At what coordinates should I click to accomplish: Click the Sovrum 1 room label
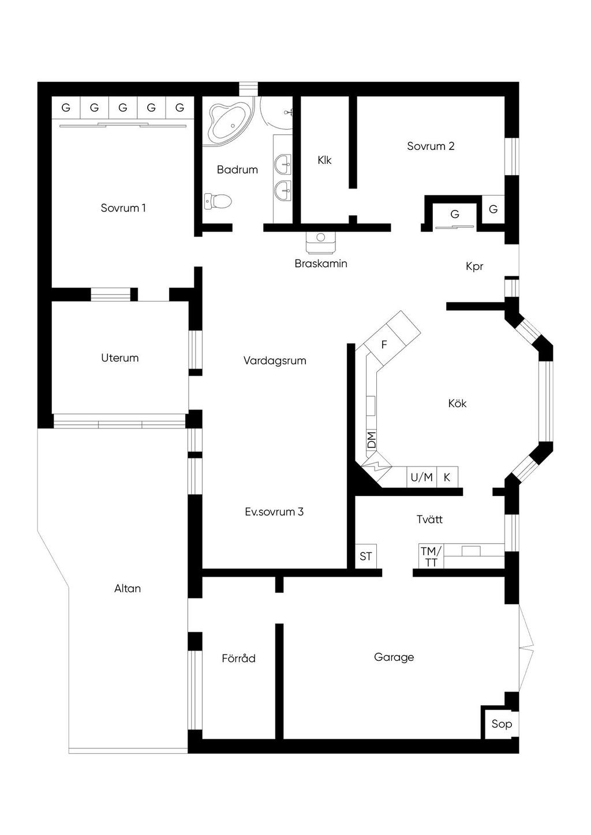123,208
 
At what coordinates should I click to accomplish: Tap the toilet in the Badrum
218,201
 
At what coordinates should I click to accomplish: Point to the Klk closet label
324,160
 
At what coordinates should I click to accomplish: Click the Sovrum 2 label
431,146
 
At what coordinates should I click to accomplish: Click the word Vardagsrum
275,360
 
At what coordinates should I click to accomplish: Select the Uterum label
120,358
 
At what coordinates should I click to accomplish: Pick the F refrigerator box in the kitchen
384,345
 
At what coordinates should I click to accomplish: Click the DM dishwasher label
372,440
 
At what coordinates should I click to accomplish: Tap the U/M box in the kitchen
422,477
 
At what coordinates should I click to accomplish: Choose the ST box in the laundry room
366,556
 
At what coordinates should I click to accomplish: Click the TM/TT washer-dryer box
431,556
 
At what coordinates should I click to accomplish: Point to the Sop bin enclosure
502,724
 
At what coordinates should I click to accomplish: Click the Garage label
394,657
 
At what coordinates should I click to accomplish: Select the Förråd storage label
238,658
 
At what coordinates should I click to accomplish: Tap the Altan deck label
128,589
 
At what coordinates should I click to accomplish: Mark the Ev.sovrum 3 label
274,512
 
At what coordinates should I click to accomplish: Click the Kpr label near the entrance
474,266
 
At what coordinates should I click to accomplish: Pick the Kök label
457,403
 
